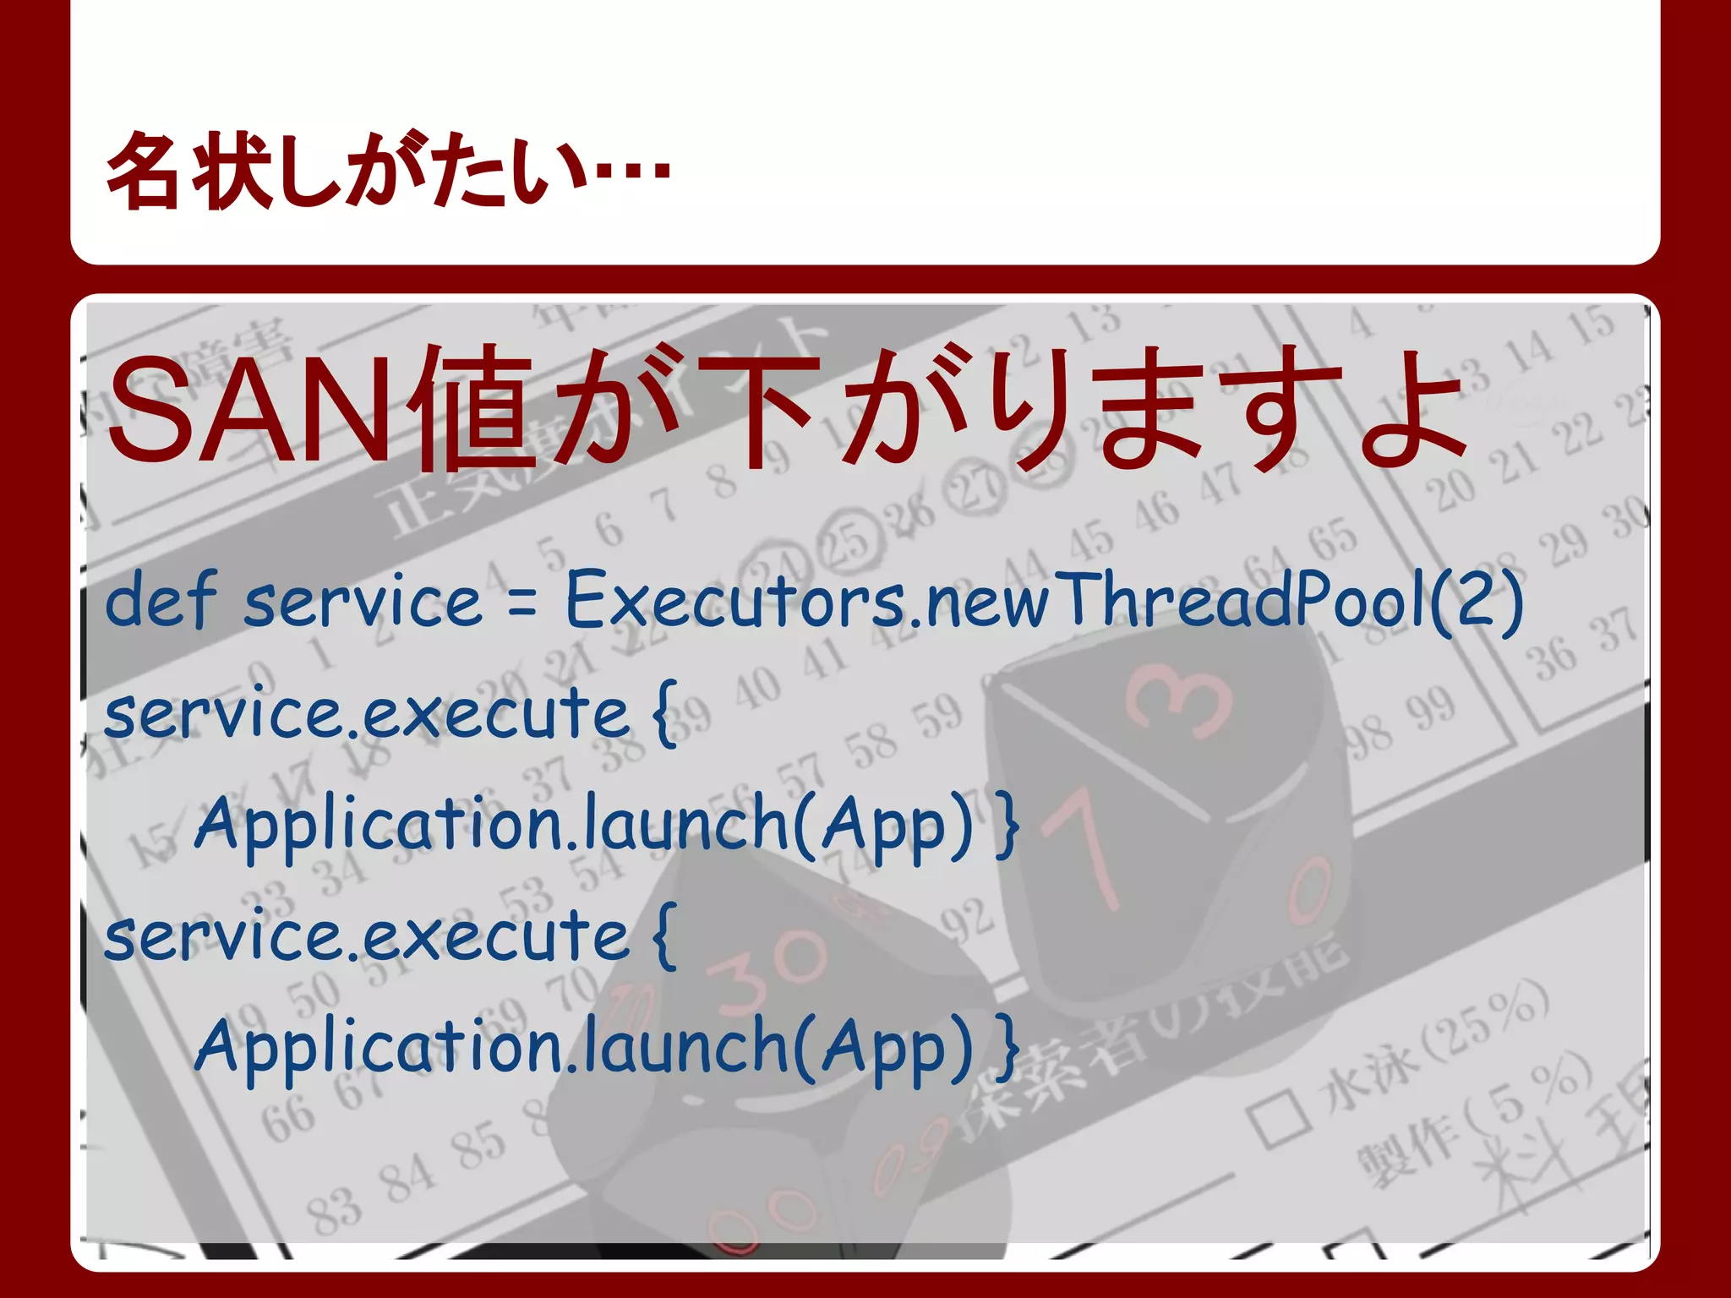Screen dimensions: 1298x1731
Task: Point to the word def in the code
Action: pyautogui.click(x=161, y=600)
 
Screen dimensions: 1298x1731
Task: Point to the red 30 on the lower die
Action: pyautogui.click(x=765, y=972)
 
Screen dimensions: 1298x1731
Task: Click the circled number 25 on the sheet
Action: pyautogui.click(x=848, y=538)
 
